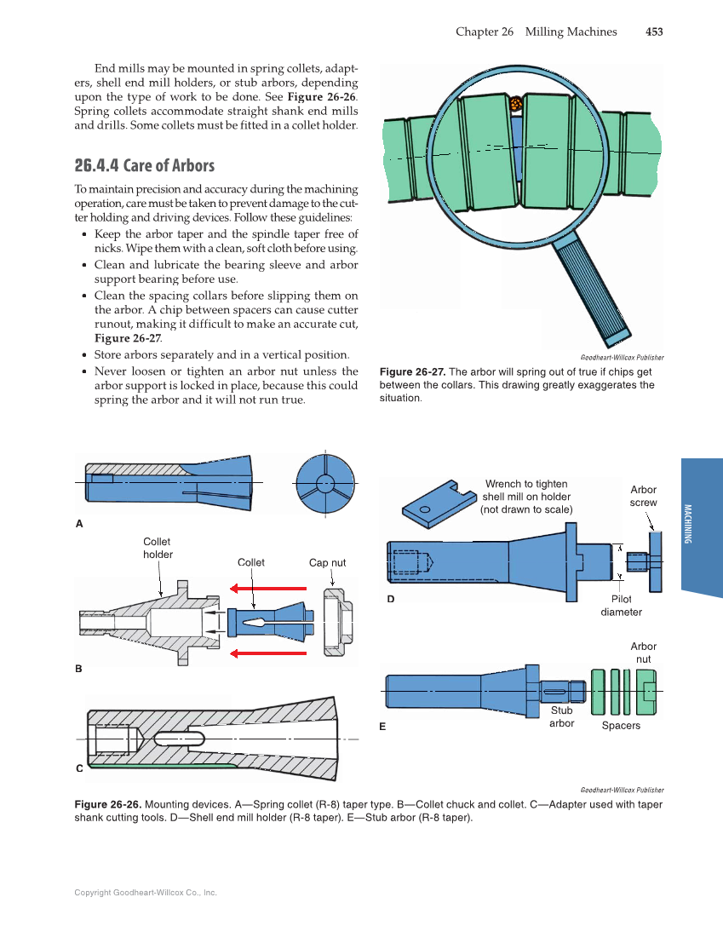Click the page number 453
pyautogui.click(x=653, y=32)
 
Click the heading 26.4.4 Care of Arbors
pyautogui.click(x=144, y=165)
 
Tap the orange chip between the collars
pyautogui.click(x=515, y=104)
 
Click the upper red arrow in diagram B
pyautogui.click(x=267, y=588)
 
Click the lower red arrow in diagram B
pyautogui.click(x=267, y=653)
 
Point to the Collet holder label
pyautogui.click(x=158, y=548)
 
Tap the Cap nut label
pyautogui.click(x=327, y=562)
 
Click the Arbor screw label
pyautogui.click(x=643, y=496)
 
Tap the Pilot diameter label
pyautogui.click(x=621, y=606)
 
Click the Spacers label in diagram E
pyautogui.click(x=621, y=725)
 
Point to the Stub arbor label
pyautogui.click(x=561, y=716)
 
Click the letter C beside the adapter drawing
pyautogui.click(x=79, y=768)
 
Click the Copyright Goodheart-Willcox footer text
pyautogui.click(x=146, y=893)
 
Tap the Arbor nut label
pyautogui.click(x=643, y=653)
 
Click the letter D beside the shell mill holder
pyautogui.click(x=391, y=599)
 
